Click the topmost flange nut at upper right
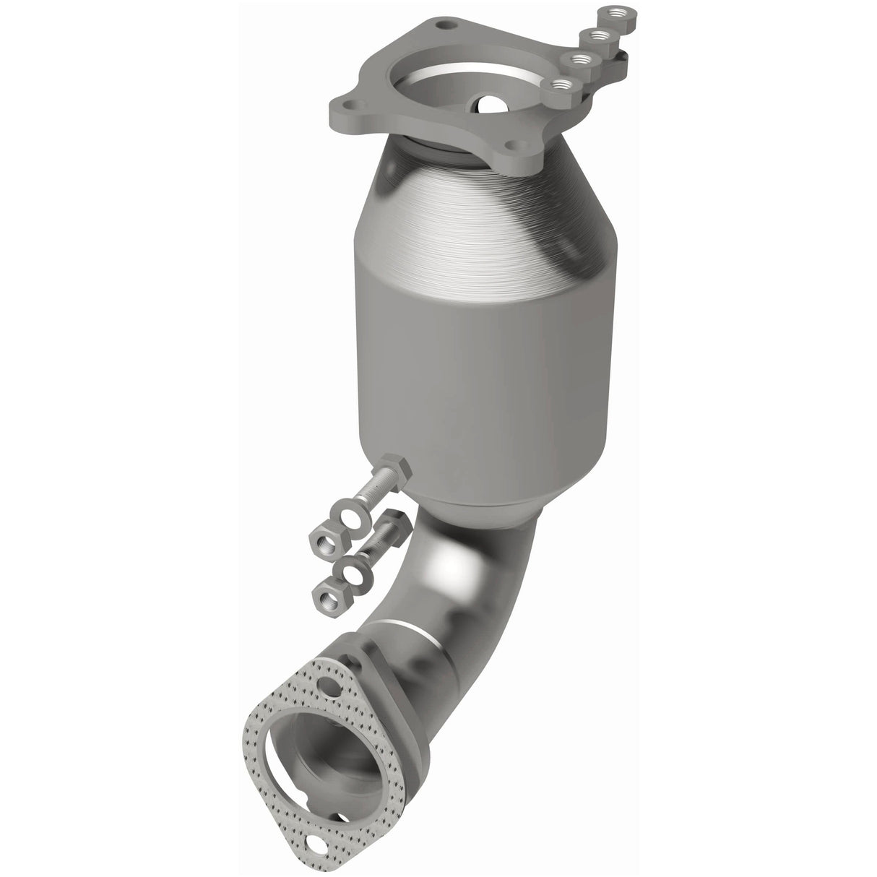point(615,12)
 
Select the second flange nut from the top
point(597,34)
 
